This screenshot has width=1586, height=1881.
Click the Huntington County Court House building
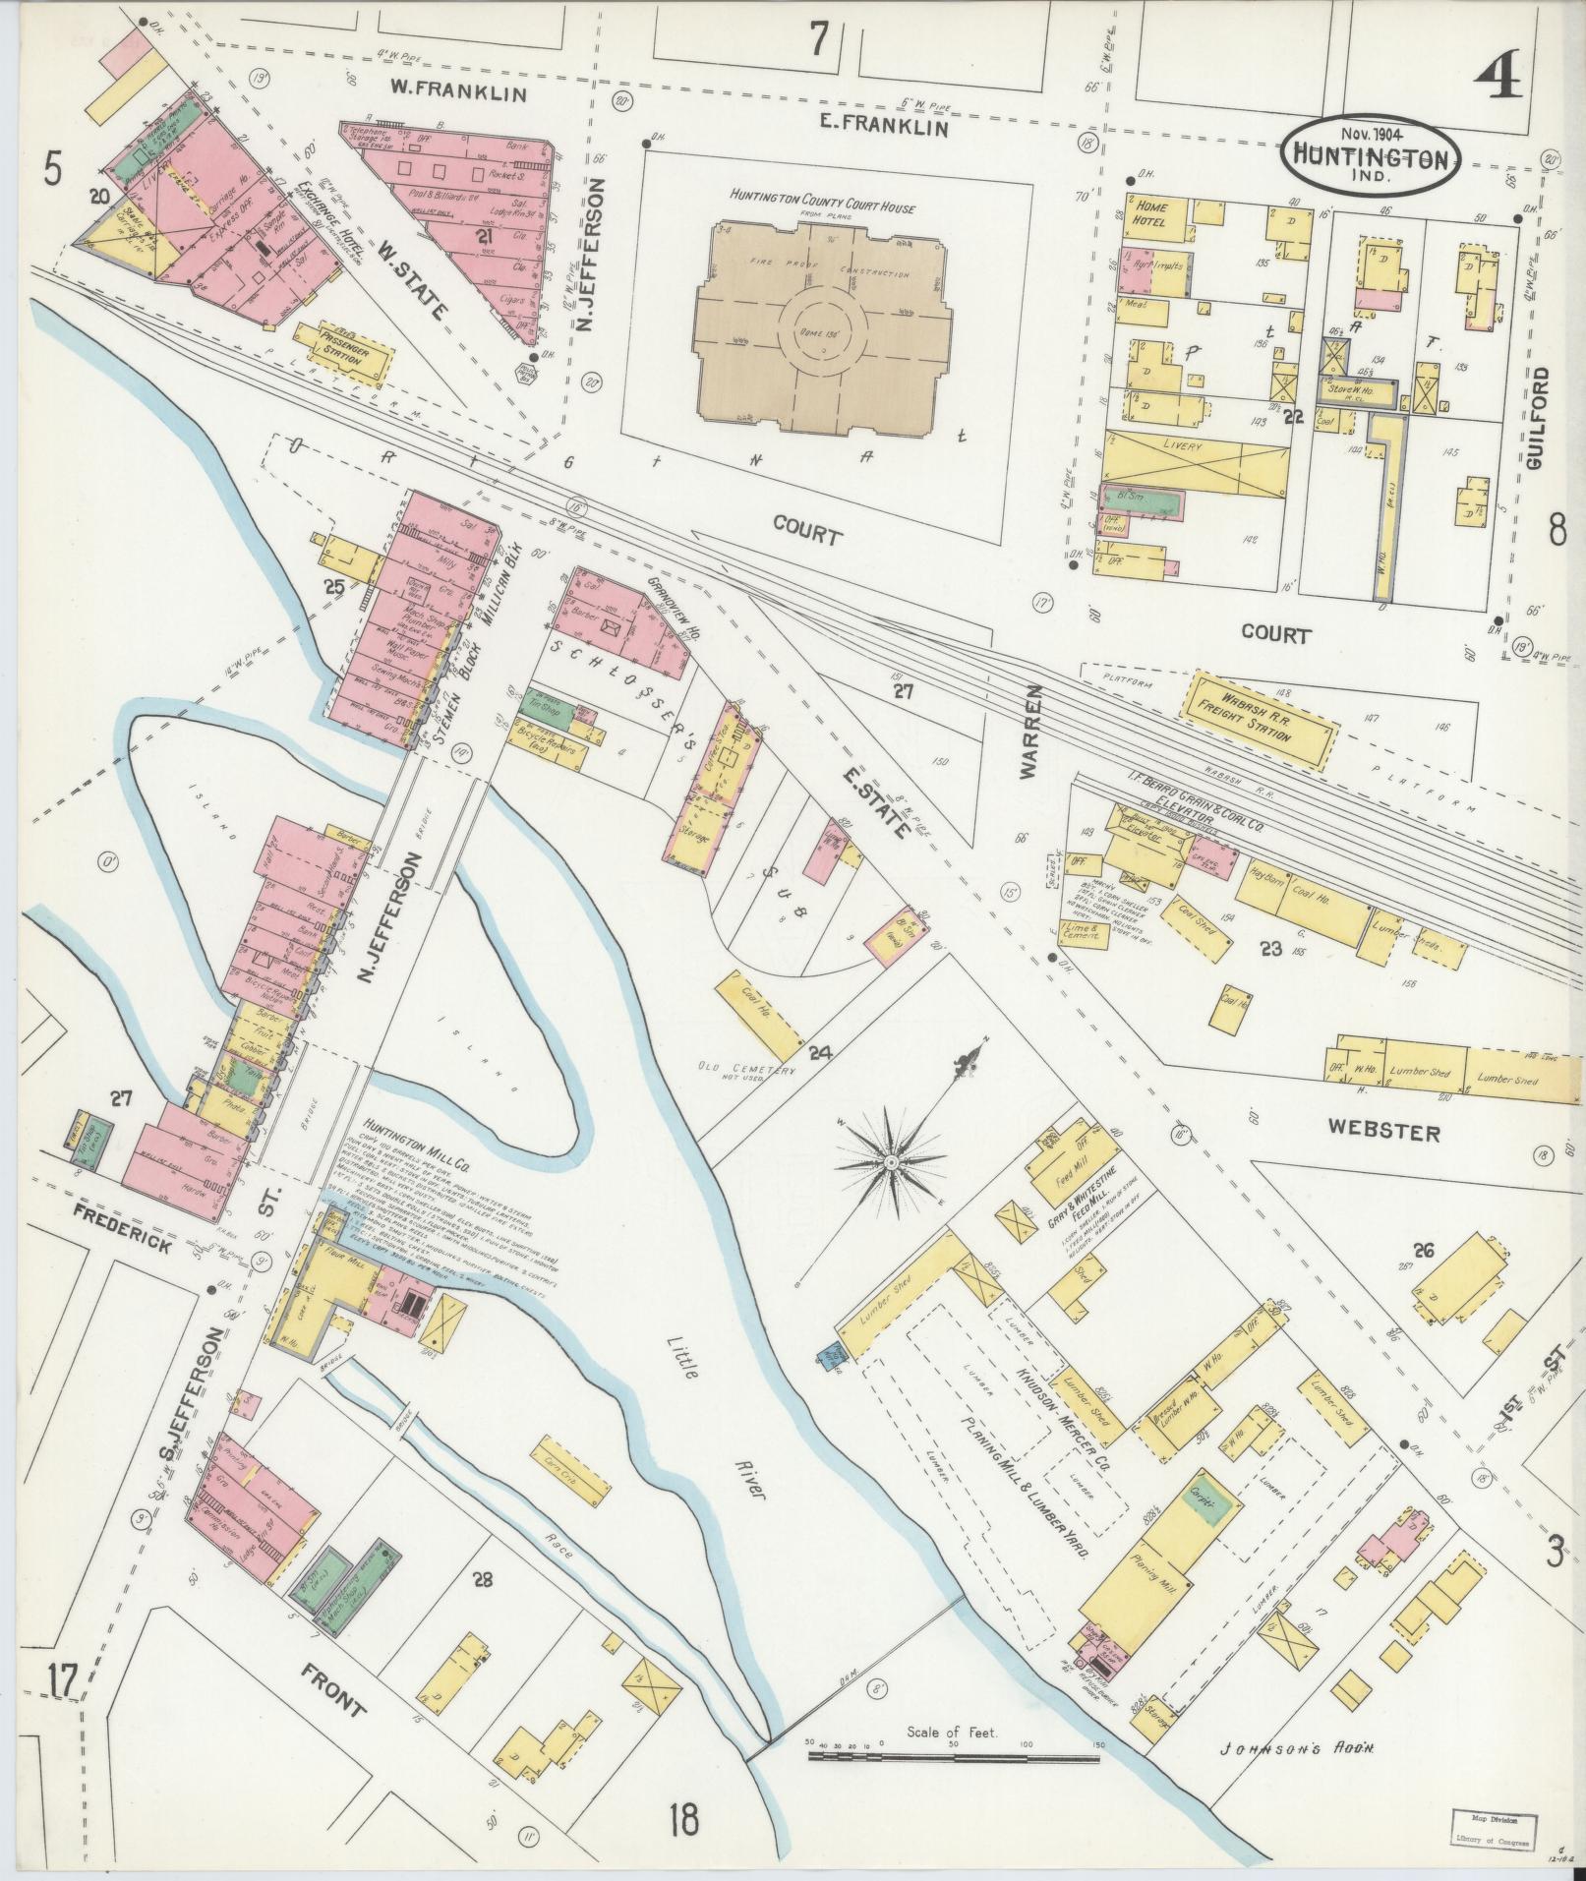coord(824,331)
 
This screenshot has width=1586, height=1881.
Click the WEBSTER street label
coord(1383,1133)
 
